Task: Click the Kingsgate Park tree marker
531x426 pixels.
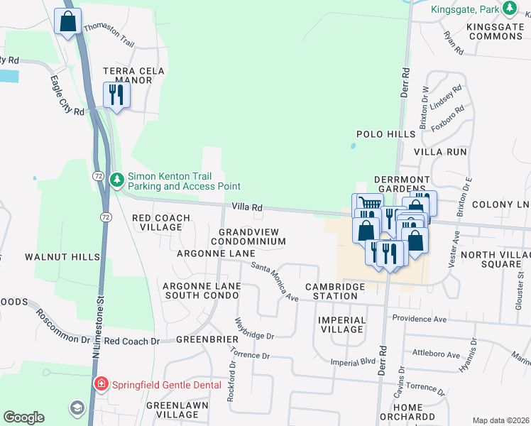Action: pos(509,9)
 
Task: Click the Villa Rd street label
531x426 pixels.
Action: pos(248,207)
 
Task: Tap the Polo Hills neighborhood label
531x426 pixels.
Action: pos(385,134)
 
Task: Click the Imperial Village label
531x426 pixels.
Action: pos(342,325)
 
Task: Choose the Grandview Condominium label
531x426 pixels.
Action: pos(252,236)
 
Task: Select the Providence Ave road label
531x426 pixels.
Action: pos(419,319)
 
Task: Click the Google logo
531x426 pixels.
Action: pos(24,417)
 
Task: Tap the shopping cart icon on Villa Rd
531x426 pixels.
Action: pos(367,204)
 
